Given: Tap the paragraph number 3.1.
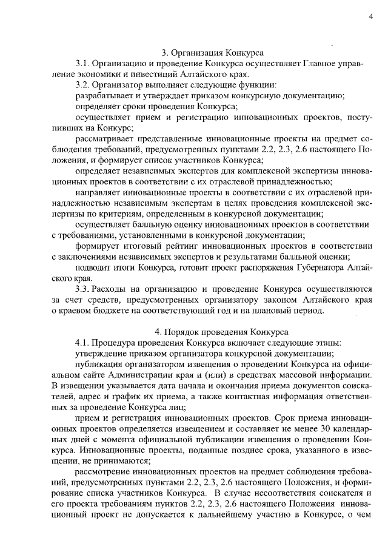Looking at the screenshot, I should (x=82, y=63).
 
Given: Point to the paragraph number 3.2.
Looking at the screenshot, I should (x=82, y=85).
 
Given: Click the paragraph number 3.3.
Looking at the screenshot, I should (x=82, y=289).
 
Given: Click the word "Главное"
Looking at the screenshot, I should (x=319, y=63).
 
